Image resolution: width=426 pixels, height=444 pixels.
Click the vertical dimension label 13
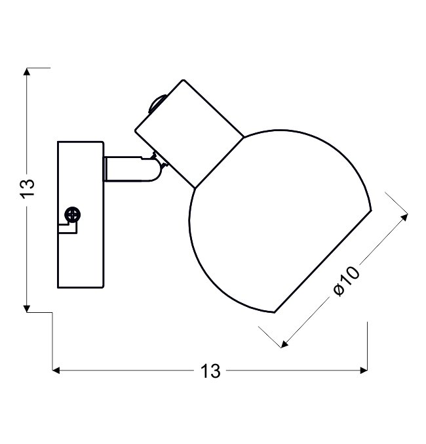(x=27, y=188)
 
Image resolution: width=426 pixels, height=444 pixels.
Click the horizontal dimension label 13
(x=210, y=371)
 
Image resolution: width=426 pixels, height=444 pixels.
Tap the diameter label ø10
(x=346, y=281)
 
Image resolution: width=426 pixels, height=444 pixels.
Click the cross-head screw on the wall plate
(x=73, y=214)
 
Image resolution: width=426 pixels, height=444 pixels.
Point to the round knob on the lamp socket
(x=155, y=104)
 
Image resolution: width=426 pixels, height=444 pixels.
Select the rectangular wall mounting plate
(x=81, y=214)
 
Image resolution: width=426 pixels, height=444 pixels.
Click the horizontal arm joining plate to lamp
(x=131, y=169)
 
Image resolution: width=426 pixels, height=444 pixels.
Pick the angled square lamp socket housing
(x=189, y=134)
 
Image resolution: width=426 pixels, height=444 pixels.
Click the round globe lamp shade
(x=280, y=221)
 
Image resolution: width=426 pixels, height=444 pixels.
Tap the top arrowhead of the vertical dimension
(x=27, y=71)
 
